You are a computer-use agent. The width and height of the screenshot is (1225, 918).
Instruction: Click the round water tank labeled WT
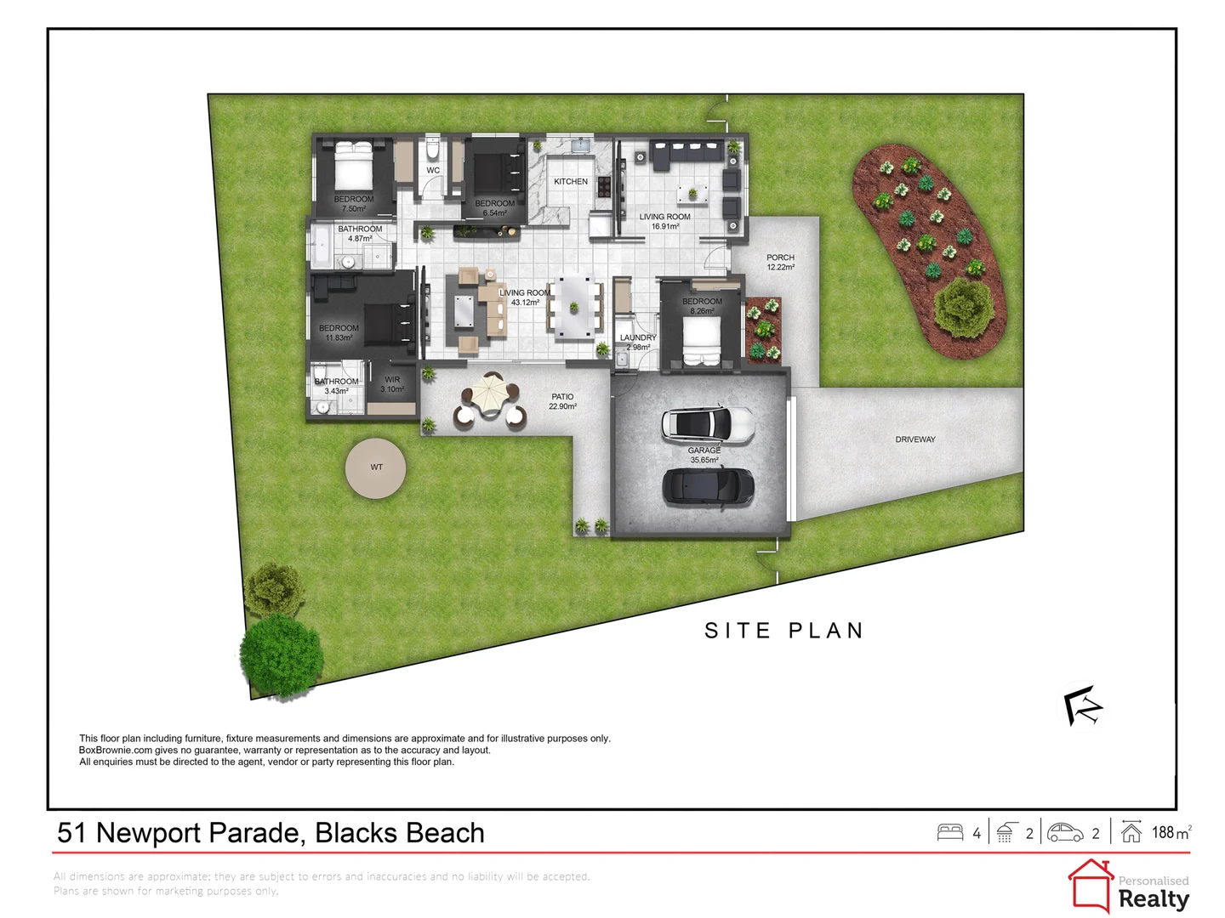click(375, 467)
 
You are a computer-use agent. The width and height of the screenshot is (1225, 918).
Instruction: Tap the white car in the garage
click(707, 425)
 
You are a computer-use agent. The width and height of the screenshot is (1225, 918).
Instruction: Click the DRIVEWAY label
click(914, 439)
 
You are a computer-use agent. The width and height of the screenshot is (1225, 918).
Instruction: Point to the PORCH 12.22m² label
click(779, 262)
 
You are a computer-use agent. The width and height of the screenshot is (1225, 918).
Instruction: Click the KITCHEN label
click(570, 181)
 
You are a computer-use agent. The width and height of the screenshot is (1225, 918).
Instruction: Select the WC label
click(432, 170)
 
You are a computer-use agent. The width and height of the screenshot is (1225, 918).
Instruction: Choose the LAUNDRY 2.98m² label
click(638, 343)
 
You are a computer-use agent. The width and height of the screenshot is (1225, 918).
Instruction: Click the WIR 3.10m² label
click(392, 384)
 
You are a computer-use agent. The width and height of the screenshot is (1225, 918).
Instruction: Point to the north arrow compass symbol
click(1082, 705)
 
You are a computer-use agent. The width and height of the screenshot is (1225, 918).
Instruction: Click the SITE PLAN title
click(783, 631)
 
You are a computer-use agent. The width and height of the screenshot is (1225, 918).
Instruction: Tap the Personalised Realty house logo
click(1090, 886)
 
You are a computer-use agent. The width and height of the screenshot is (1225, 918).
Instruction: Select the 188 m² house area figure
click(1171, 832)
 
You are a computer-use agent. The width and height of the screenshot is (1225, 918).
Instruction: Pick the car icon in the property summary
click(1065, 832)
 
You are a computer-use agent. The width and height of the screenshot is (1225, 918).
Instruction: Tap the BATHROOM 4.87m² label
click(360, 234)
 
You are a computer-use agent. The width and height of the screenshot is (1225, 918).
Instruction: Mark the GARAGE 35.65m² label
click(704, 455)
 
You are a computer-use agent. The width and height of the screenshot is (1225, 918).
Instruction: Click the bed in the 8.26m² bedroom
click(702, 341)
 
